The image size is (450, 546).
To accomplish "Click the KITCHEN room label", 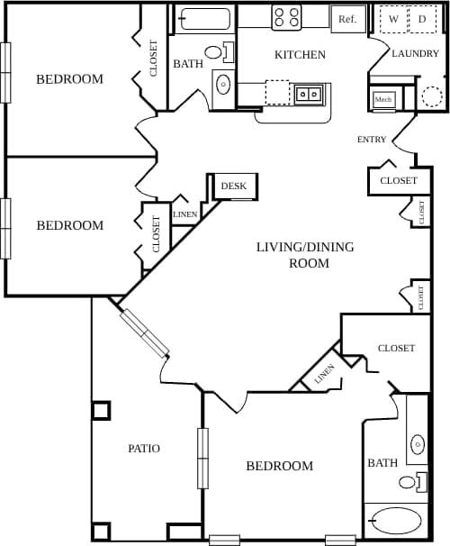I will click(x=300, y=55).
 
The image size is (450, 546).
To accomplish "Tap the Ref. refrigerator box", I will click(x=347, y=18).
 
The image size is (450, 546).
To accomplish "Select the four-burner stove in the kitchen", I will click(x=286, y=17).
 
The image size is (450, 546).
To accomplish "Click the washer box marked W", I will click(x=393, y=19).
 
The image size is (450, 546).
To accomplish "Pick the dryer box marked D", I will click(x=421, y=19).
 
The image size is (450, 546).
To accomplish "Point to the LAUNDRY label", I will click(x=415, y=54).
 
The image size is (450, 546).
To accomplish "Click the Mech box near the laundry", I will click(x=383, y=99).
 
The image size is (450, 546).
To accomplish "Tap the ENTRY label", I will click(x=372, y=140).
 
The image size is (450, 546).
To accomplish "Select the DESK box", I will click(x=233, y=187).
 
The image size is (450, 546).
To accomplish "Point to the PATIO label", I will click(x=144, y=448).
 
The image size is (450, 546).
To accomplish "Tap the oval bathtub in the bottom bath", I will click(x=396, y=521).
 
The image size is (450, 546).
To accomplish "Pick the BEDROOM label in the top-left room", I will click(x=69, y=79).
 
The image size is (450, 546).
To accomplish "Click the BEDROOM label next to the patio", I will click(x=280, y=466).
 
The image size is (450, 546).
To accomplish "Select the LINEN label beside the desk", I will click(x=184, y=214).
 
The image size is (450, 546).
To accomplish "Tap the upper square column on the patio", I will click(x=101, y=410).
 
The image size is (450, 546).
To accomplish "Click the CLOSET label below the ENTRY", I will click(x=398, y=181).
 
